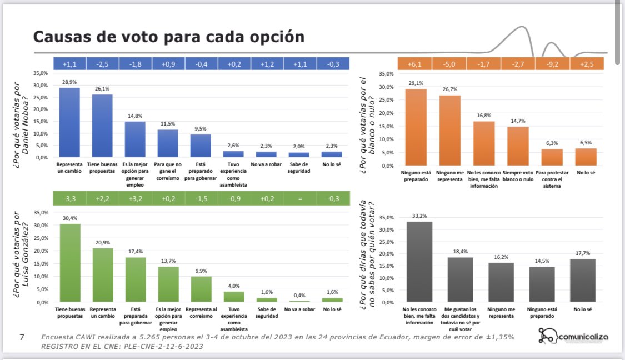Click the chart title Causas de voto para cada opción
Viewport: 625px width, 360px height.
click(x=169, y=37)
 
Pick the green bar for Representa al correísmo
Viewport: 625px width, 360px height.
click(x=201, y=289)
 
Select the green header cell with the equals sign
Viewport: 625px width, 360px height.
click(x=299, y=198)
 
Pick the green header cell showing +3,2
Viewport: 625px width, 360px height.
click(x=135, y=198)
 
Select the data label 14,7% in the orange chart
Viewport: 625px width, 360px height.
click(x=517, y=121)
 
